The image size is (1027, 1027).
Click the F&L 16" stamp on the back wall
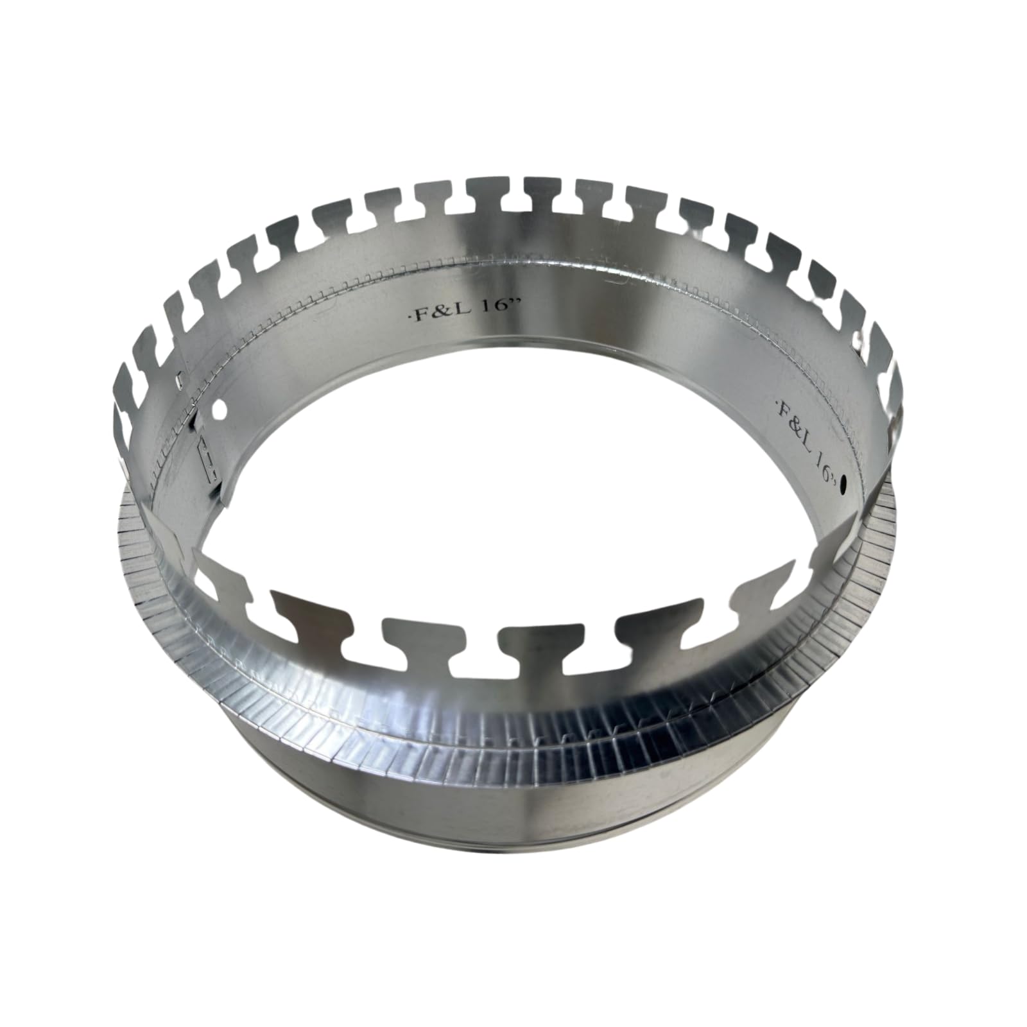[463, 312]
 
